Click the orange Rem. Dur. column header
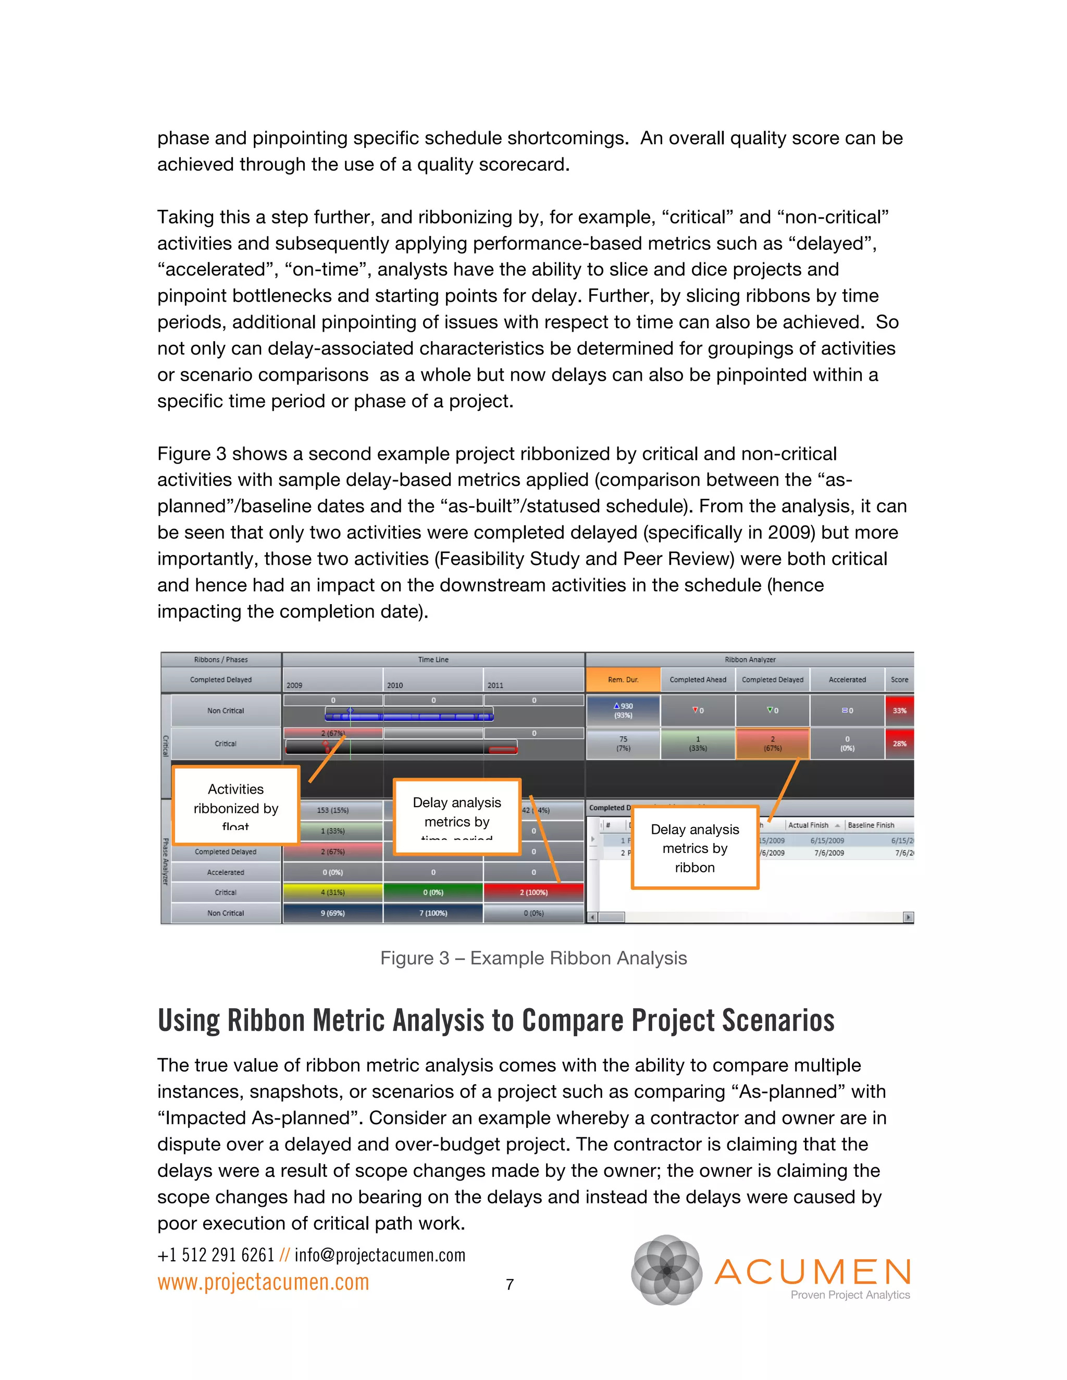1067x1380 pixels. [623, 680]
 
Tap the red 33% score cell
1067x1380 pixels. [899, 711]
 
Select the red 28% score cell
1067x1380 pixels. [899, 744]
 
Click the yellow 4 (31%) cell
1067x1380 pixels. [332, 892]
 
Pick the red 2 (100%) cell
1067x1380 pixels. [533, 892]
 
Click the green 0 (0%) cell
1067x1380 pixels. [433, 892]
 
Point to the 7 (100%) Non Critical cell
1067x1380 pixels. [433, 913]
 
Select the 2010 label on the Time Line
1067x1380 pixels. [395, 685]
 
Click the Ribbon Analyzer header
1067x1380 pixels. [750, 660]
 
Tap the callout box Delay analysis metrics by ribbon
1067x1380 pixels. [694, 848]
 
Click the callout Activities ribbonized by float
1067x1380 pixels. [236, 806]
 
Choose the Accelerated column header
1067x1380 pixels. [847, 680]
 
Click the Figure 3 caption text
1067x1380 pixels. [533, 959]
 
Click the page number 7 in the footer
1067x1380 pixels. [510, 1285]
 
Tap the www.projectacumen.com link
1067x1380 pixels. [263, 1283]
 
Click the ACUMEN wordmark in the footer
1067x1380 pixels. [813, 1272]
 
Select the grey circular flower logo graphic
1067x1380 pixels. [667, 1270]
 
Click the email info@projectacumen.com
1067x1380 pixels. [380, 1255]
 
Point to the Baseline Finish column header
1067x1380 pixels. [871, 825]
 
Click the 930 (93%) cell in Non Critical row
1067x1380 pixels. [623, 711]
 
